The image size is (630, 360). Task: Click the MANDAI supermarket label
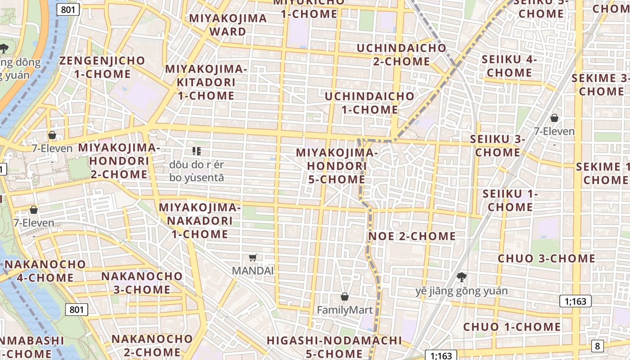coord(253,271)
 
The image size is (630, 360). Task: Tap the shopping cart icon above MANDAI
coord(253,258)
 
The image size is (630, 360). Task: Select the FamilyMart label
coord(345,310)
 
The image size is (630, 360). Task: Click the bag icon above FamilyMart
coord(345,297)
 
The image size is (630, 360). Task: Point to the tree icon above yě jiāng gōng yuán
coord(461,277)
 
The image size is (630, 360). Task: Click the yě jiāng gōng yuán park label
coord(461,291)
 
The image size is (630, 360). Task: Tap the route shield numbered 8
coord(597,346)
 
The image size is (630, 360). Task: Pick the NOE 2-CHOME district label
coord(412,236)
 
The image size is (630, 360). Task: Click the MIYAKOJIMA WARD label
coord(228,25)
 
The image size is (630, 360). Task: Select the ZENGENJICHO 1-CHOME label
coord(103,67)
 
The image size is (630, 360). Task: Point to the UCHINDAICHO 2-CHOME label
coord(401,54)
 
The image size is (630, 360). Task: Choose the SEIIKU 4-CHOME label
coord(509,66)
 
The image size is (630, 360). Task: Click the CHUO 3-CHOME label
coord(546,258)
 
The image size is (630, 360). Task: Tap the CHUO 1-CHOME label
coord(512,327)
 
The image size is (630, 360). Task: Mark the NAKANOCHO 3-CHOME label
coord(142,283)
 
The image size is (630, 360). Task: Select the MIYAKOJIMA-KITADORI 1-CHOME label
coord(206,82)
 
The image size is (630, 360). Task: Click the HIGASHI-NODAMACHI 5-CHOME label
coord(334,346)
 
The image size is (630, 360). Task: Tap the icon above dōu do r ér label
coord(196,151)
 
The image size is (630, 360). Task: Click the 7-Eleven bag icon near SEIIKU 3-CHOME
coord(554,118)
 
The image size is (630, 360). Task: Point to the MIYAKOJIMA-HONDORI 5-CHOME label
coord(337,166)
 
